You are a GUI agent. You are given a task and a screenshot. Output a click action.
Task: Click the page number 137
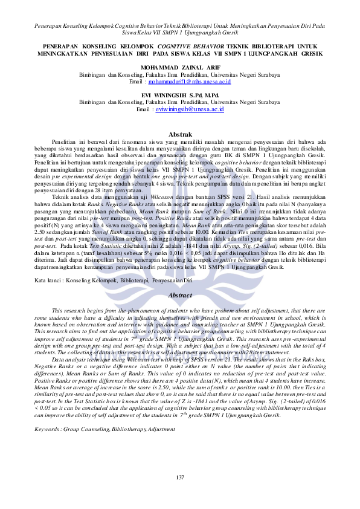pyautogui.click(x=179, y=478)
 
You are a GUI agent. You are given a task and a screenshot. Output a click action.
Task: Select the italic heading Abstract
pyautogui.click(x=179, y=295)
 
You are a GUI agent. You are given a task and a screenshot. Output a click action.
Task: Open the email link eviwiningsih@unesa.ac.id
pyautogui.click(x=189, y=110)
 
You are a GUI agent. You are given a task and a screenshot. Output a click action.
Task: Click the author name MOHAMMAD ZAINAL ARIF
pyautogui.click(x=179, y=66)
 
